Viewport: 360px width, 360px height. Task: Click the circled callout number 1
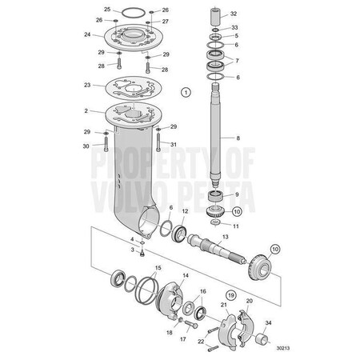tap(186, 92)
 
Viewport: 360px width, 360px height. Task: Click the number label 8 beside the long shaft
tap(238, 138)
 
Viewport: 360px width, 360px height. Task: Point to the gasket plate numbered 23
tap(134, 90)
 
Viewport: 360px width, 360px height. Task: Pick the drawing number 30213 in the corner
tap(283, 348)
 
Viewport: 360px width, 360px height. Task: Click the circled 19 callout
tap(231, 295)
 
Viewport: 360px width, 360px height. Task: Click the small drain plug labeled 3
tap(142, 253)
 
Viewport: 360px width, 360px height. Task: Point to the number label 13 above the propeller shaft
tap(226, 237)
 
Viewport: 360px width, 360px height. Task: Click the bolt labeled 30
tap(106, 143)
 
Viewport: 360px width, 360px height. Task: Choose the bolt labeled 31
tap(158, 142)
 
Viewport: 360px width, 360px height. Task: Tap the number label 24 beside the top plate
tap(87, 34)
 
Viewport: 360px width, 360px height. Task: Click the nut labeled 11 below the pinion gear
tap(215, 222)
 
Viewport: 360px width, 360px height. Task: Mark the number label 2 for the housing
tap(86, 110)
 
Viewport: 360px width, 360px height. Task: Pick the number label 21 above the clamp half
tap(224, 305)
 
